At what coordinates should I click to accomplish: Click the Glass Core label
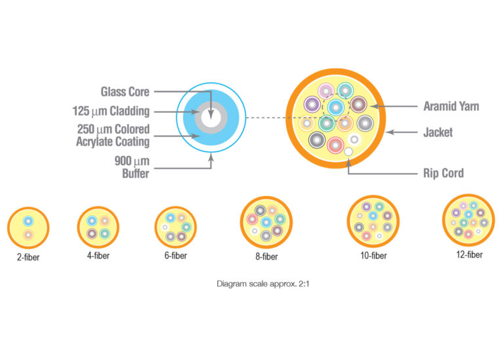125,92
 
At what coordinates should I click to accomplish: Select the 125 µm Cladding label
111,111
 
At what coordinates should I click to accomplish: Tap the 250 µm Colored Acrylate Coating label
113,134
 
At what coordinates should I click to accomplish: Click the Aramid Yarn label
447,106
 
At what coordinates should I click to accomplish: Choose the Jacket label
438,132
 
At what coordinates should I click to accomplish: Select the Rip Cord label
443,173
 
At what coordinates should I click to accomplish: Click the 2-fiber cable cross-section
28,226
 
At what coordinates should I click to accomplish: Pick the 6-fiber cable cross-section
175,226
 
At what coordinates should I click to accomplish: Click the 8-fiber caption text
266,257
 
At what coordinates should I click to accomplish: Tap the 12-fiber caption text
468,254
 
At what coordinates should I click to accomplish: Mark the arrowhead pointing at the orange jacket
389,132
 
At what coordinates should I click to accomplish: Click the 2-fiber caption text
28,257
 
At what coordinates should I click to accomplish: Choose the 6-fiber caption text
175,256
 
